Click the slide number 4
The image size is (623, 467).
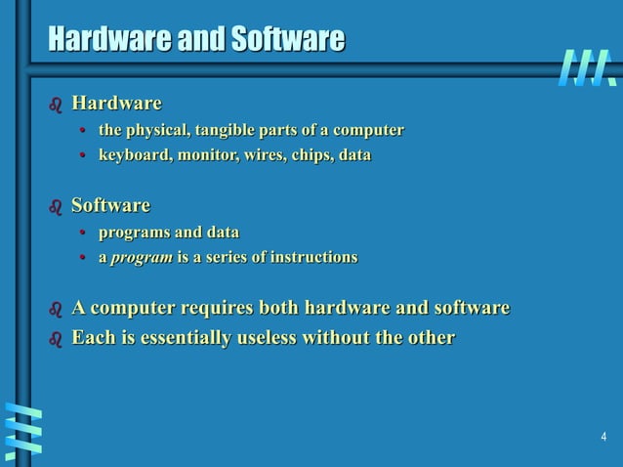tap(603, 436)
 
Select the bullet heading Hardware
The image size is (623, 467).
tap(116, 103)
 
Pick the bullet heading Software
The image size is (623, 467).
tap(110, 206)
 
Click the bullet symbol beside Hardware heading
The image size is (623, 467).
tap(56, 105)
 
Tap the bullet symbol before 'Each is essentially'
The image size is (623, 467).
tap(56, 340)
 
